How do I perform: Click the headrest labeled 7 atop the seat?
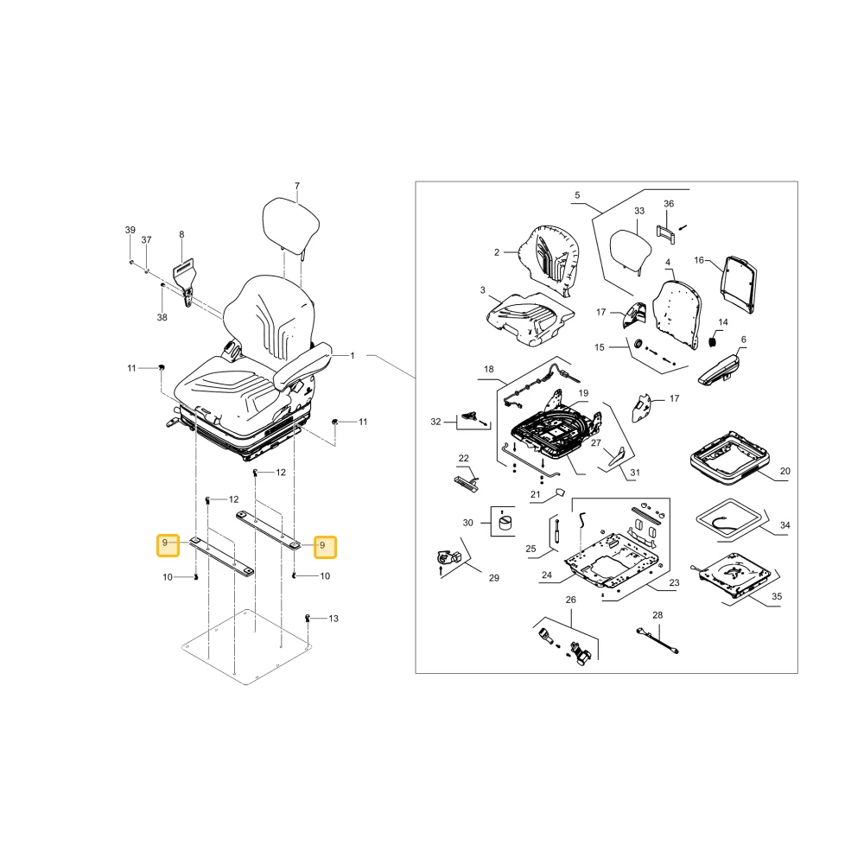point(291,225)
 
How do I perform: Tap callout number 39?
point(130,230)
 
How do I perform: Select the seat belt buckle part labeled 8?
point(186,282)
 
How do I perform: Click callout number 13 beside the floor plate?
point(334,619)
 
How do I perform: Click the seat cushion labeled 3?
point(530,320)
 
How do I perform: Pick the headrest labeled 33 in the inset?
point(631,251)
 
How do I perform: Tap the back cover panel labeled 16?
point(739,283)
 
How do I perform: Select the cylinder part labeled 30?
point(505,521)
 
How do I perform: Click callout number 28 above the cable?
point(658,615)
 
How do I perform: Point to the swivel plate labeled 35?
point(734,576)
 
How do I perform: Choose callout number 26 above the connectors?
point(571,600)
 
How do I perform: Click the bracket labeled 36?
point(666,232)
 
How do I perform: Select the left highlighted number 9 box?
point(168,545)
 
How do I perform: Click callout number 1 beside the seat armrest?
point(353,355)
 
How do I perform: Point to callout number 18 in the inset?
point(489,369)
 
